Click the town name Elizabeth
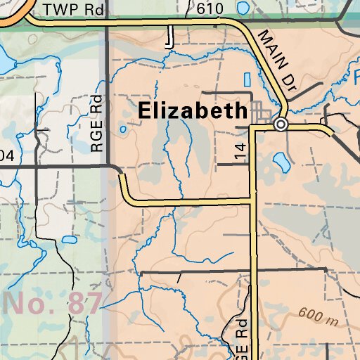point(193,110)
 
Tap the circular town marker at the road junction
point(281,125)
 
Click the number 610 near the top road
point(210,9)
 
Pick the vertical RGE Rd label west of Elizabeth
point(97,124)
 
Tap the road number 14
point(241,150)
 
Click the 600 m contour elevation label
point(318,316)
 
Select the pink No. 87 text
point(52,304)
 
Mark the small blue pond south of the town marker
point(281,163)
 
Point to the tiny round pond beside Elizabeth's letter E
point(123,129)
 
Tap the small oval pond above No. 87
point(68,239)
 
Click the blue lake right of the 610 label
point(243,8)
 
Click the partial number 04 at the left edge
point(6,155)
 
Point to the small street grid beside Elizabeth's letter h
point(263,111)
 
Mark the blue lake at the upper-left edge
point(4,62)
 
